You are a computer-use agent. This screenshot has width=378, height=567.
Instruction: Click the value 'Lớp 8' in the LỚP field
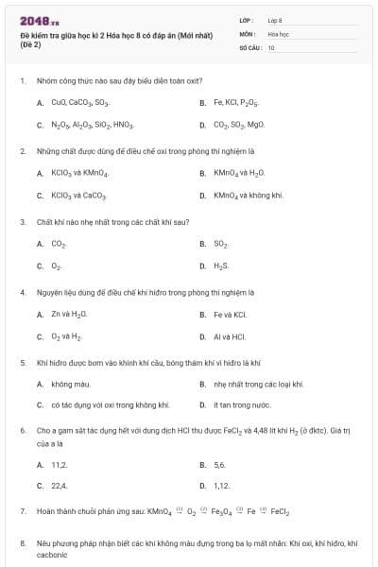(275, 19)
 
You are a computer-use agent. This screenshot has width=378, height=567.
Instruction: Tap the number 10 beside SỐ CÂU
(271, 46)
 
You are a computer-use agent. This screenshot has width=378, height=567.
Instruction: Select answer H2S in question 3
(221, 266)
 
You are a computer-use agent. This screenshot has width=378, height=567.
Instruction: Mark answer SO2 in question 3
(221, 244)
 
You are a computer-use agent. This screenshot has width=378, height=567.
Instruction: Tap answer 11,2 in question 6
(60, 465)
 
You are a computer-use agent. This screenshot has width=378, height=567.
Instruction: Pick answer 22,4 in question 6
(60, 486)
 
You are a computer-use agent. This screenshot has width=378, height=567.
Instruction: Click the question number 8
(23, 543)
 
